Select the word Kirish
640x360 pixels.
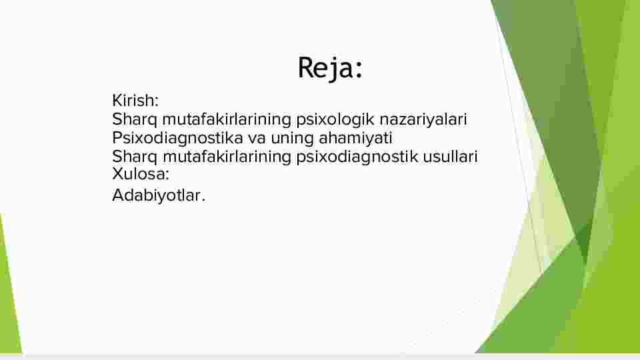(x=133, y=101)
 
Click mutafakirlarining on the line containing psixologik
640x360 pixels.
(x=227, y=120)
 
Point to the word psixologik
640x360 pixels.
(x=335, y=120)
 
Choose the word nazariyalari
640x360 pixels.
(x=423, y=119)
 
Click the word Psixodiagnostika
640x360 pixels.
(x=177, y=139)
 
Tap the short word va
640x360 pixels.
(x=257, y=139)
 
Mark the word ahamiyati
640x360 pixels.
(x=355, y=139)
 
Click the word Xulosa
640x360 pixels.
(x=139, y=174)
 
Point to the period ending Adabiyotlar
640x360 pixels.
(x=203, y=201)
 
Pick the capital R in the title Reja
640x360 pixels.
(x=307, y=68)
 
